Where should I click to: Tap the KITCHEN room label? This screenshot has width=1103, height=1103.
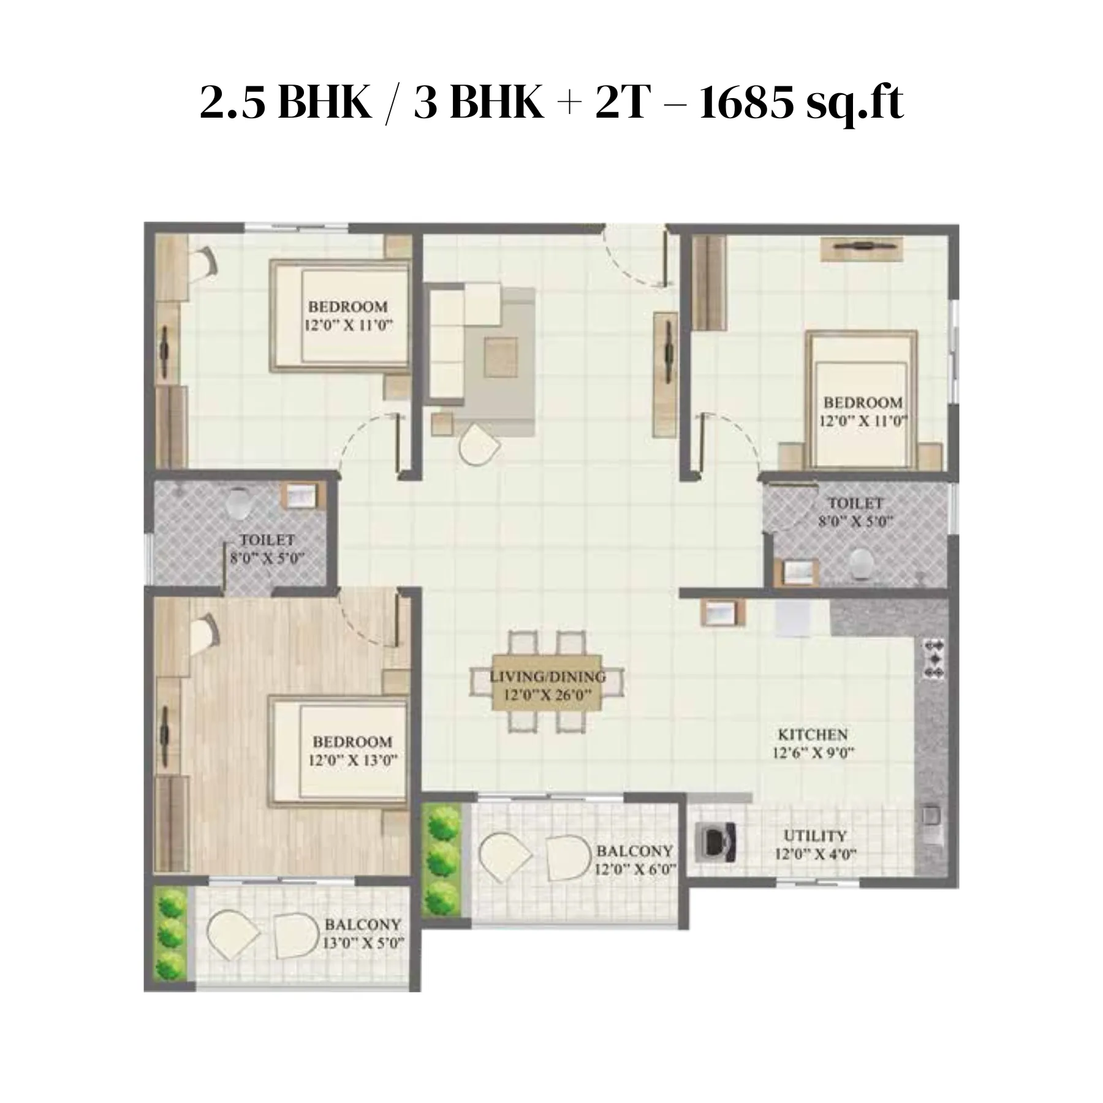813,734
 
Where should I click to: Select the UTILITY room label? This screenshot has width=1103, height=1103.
815,836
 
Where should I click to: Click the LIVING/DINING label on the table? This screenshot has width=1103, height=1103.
548,677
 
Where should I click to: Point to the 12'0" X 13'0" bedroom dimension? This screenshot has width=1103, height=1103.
352,761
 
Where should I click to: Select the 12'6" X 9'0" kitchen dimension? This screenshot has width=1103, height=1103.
813,752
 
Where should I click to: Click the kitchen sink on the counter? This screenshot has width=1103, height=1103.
931,816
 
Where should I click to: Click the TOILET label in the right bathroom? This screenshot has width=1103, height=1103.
855,503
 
